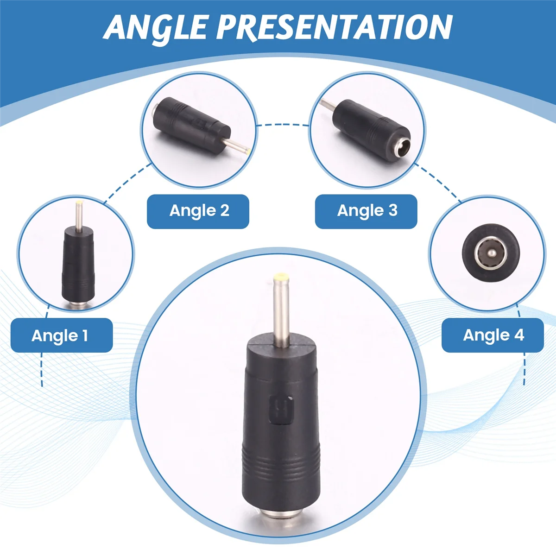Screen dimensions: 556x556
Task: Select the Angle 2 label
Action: (x=198, y=211)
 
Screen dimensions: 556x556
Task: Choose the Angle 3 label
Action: (x=366, y=211)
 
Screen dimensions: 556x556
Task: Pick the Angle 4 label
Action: (x=493, y=335)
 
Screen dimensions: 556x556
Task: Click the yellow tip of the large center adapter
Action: (x=279, y=279)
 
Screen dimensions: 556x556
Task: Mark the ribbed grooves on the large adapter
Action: (x=278, y=456)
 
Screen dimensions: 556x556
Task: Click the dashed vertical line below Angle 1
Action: (x=42, y=368)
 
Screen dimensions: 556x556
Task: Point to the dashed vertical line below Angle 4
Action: (x=524, y=368)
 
